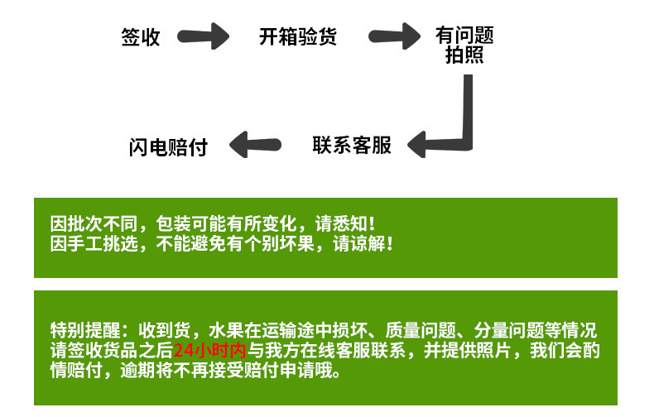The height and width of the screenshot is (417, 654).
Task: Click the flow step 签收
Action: [141, 37]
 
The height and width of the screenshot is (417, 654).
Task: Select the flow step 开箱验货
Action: [298, 36]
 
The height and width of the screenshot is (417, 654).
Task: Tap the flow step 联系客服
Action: [352, 145]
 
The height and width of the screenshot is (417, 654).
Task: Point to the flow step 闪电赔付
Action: [168, 147]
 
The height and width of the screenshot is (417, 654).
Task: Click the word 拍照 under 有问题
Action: [464, 55]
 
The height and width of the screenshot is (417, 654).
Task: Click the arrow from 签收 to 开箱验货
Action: [203, 36]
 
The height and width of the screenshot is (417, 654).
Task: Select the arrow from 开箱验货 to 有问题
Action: [395, 36]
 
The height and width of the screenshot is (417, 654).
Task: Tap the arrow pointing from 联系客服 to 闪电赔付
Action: [255, 145]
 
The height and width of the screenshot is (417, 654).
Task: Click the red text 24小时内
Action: [209, 350]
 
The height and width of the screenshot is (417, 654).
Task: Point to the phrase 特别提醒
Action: [85, 330]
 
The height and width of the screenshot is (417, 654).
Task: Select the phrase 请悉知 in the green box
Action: [342, 224]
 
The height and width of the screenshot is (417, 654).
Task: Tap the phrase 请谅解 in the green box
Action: [359, 244]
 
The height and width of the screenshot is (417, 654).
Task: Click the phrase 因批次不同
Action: [94, 224]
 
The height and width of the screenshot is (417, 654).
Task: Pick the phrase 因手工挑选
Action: [94, 244]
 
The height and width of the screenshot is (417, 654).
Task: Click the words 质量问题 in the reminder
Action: [421, 330]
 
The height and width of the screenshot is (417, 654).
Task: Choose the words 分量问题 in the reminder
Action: [509, 330]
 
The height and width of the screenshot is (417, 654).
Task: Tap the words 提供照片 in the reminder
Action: [477, 350]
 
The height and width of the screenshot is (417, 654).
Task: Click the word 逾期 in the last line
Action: [138, 371]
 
